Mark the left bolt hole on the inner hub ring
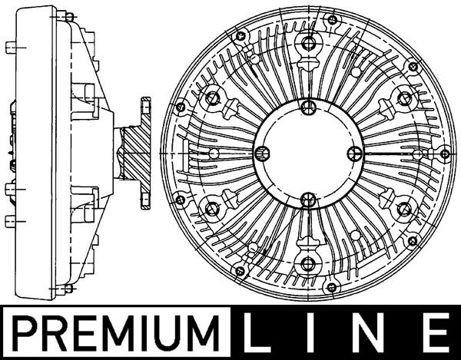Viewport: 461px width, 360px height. click(x=260, y=153)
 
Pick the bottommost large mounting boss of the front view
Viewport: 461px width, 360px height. click(x=307, y=263)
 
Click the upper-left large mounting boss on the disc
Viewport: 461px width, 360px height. click(x=212, y=97)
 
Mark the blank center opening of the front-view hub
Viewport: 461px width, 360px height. click(x=307, y=153)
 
